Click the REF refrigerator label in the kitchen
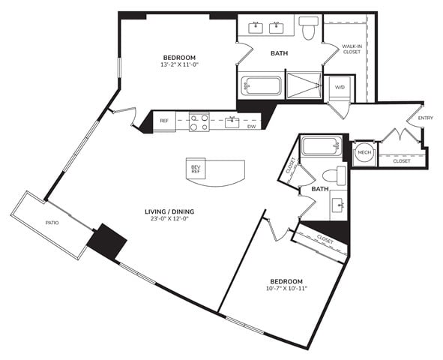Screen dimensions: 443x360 coord(164,121)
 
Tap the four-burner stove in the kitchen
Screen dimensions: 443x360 coord(199,122)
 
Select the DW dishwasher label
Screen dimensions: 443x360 coord(251,127)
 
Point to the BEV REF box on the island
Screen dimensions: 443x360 coord(196,169)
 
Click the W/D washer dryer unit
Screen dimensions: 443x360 coord(340,87)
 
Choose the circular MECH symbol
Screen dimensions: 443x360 coord(364,152)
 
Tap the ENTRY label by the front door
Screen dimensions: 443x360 coord(426,118)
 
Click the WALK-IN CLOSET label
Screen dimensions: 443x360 coord(352,49)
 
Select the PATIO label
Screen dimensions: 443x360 coord(52,223)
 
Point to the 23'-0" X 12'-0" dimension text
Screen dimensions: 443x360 coord(169,218)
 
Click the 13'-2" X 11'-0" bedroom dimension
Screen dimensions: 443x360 coord(180,64)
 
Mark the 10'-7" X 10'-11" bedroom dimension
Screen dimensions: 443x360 coord(286,289)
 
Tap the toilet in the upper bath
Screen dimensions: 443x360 coord(308,27)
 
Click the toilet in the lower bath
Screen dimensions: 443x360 coord(334,175)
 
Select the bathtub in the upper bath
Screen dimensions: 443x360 coord(262,86)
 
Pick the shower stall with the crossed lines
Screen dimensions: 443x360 coord(304,85)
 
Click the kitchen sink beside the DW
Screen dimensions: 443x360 coord(232,122)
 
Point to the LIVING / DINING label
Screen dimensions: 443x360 coord(169,211)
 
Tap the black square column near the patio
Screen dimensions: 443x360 coord(106,241)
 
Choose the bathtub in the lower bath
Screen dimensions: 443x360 coord(322,145)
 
